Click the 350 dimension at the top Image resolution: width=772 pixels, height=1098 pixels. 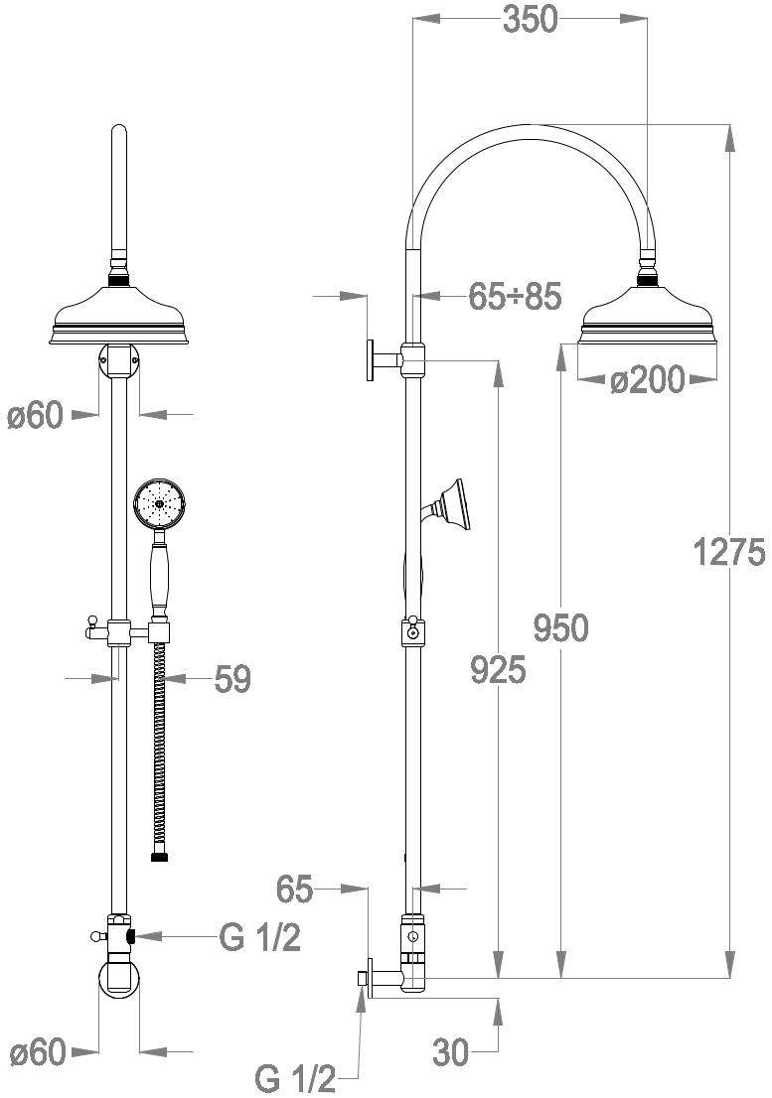(x=531, y=20)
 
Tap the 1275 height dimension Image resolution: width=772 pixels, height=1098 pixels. (x=729, y=552)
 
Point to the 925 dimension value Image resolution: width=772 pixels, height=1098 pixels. (x=498, y=670)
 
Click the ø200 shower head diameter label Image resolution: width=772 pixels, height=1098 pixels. (x=646, y=380)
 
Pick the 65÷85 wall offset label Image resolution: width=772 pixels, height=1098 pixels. (x=515, y=297)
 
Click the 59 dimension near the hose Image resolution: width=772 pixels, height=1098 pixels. (x=232, y=678)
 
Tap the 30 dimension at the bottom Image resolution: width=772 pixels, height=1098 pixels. (x=450, y=1051)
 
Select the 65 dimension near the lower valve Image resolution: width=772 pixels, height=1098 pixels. (x=294, y=890)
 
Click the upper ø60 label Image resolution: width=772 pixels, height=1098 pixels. (x=36, y=416)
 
